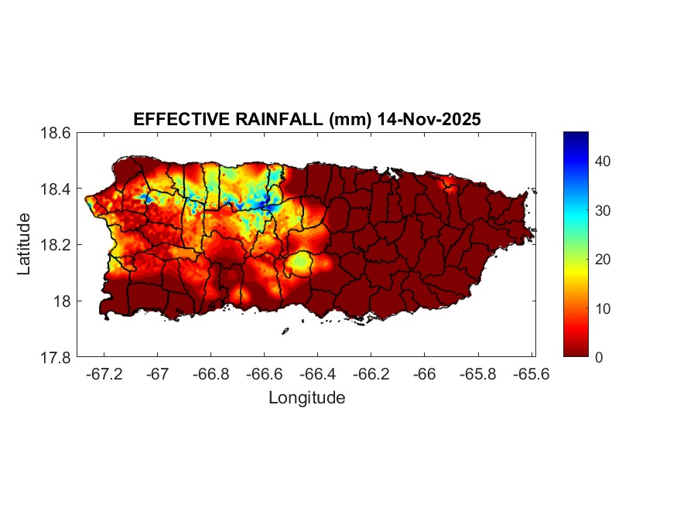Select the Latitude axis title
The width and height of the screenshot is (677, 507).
(x=24, y=244)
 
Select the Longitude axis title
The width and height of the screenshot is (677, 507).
(x=306, y=398)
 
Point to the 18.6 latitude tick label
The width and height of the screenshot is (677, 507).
(x=56, y=133)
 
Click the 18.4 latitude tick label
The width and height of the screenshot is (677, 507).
(x=56, y=189)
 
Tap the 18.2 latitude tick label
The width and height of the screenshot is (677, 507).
(x=56, y=245)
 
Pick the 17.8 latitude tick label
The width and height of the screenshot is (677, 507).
(x=56, y=357)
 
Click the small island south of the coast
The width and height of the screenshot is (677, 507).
(x=285, y=331)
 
